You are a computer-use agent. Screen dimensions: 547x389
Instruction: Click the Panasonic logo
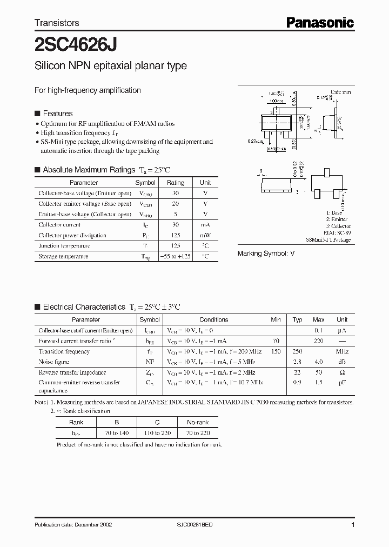319,23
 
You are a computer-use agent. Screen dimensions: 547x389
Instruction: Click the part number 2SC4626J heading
75,43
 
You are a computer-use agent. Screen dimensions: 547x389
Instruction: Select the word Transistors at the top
57,23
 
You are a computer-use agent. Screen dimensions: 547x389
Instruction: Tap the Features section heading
57,114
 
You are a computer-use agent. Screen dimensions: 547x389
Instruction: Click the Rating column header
176,183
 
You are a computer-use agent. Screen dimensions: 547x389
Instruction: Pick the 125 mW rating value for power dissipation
176,235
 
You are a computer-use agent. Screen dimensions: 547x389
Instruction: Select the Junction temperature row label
60,246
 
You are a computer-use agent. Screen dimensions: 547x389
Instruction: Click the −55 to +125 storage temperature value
176,256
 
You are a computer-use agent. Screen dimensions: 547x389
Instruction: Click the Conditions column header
214,319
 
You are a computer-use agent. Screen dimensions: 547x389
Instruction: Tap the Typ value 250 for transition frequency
297,351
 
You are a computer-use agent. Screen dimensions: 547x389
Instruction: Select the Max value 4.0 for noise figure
319,362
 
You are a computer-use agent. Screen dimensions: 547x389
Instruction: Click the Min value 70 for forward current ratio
276,341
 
